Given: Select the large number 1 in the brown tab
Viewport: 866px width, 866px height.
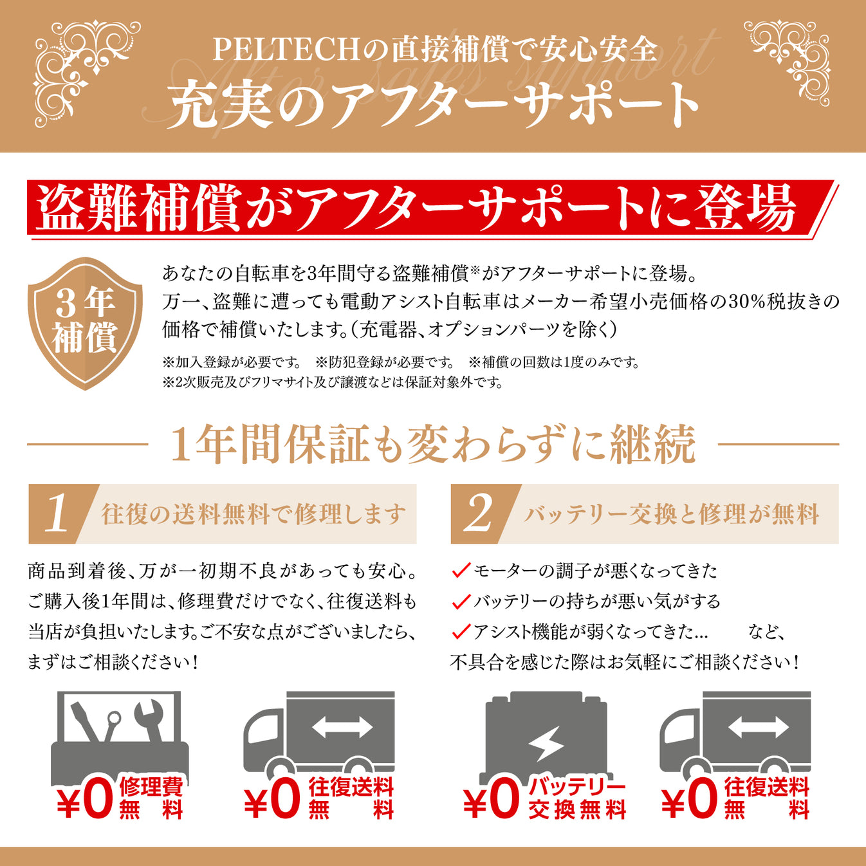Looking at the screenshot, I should [57, 514].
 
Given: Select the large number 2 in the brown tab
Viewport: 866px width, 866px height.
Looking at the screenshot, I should [479, 514].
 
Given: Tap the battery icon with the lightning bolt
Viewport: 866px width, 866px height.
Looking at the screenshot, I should [546, 737].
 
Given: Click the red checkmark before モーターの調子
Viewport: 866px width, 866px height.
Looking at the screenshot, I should [461, 570].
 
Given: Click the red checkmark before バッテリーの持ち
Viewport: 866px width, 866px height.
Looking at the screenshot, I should [461, 601].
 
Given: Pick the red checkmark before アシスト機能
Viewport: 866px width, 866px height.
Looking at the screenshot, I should [461, 631].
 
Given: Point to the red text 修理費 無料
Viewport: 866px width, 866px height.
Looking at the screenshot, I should [151, 798].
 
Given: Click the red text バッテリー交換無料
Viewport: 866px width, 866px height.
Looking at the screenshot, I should [577, 798].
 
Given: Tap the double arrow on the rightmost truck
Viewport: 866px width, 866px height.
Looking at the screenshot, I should [758, 727].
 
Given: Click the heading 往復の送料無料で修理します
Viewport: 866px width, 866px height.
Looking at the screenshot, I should [253, 515].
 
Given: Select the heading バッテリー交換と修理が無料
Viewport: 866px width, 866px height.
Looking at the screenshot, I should [671, 515].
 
